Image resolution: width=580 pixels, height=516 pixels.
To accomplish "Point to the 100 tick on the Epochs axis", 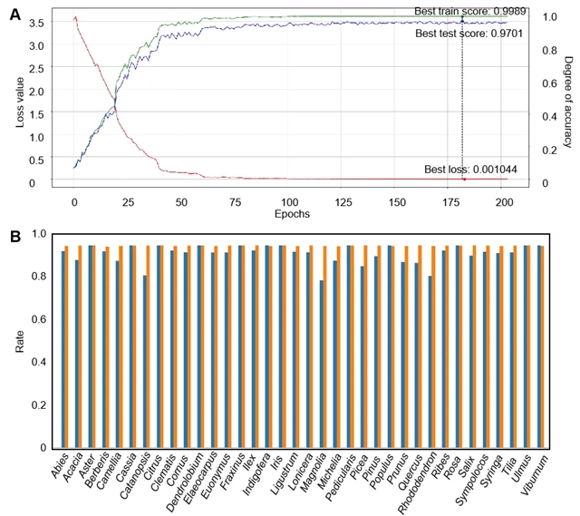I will point(288,200).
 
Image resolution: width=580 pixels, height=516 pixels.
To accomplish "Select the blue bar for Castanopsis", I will point(145,361).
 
